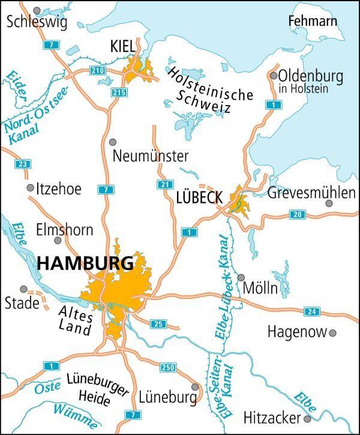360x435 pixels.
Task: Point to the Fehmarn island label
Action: (313, 22)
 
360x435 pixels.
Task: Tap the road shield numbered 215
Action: (119, 92)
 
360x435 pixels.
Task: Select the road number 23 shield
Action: (23, 164)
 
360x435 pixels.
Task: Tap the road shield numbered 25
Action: (158, 324)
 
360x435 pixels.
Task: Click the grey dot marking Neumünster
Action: (113, 142)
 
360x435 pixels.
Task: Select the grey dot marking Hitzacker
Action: (307, 418)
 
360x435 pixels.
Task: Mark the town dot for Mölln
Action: (241, 278)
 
